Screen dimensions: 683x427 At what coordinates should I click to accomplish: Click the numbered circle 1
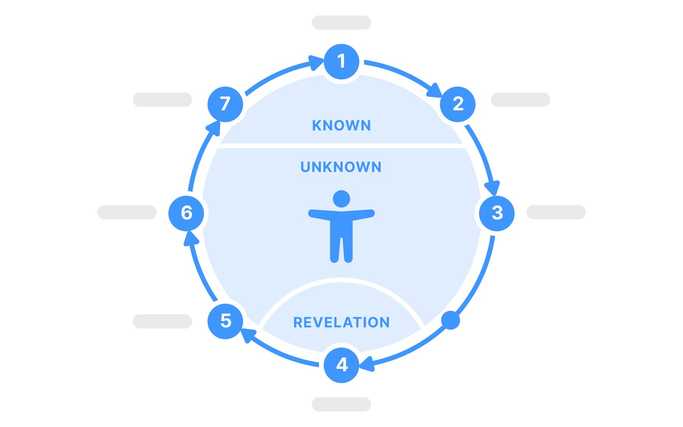click(x=341, y=61)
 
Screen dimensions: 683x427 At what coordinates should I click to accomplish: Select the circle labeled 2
click(x=458, y=104)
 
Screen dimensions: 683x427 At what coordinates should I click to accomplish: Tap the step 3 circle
click(x=497, y=213)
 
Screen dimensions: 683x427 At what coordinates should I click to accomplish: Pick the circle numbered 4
click(x=341, y=365)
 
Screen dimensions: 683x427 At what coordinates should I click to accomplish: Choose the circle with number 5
click(x=225, y=321)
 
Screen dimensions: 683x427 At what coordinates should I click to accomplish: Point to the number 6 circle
click(x=186, y=213)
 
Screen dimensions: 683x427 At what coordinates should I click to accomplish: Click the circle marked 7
click(x=225, y=104)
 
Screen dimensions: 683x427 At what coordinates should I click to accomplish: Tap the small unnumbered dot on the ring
click(x=451, y=320)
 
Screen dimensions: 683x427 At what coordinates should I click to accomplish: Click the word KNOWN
click(x=341, y=126)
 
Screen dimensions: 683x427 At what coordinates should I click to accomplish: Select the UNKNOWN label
click(x=341, y=167)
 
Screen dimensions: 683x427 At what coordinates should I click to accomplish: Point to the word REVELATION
click(x=341, y=323)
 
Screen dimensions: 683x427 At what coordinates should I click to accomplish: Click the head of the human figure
click(x=341, y=199)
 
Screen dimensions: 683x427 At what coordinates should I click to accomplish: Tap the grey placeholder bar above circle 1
click(x=341, y=23)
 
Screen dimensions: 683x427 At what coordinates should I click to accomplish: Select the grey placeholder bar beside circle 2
click(x=521, y=100)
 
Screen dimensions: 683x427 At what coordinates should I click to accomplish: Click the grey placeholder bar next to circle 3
click(x=556, y=212)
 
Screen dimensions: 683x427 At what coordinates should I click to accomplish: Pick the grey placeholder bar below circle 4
click(x=341, y=404)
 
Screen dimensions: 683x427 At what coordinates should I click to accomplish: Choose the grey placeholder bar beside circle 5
click(x=162, y=321)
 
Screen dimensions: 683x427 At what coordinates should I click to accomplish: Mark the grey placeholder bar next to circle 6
click(x=127, y=212)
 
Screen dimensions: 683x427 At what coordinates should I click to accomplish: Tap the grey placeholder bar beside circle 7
click(x=162, y=100)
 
